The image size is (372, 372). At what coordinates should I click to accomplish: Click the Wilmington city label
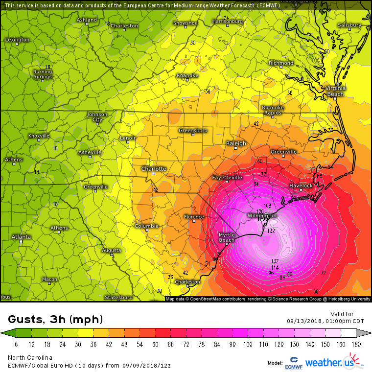pyautogui.click(x=262, y=215)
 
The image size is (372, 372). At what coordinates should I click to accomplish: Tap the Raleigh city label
pyautogui.click(x=236, y=143)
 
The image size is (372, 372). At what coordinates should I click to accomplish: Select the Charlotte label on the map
pyautogui.click(x=154, y=169)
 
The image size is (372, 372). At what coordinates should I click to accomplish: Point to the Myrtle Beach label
pyautogui.click(x=227, y=237)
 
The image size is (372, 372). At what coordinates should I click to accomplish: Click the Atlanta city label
pyautogui.click(x=21, y=237)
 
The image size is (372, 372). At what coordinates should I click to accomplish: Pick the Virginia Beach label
pyautogui.click(x=335, y=91)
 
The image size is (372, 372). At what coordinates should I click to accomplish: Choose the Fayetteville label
pyautogui.click(x=227, y=177)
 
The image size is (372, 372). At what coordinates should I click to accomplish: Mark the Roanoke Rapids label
pyautogui.click(x=273, y=110)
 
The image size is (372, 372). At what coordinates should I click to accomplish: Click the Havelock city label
pyautogui.click(x=301, y=186)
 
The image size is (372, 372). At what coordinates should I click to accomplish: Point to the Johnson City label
pyautogui.click(x=97, y=116)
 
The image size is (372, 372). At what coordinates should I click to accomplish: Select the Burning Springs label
pyautogui.click(x=43, y=74)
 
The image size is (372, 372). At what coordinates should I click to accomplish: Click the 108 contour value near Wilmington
pyautogui.click(x=268, y=206)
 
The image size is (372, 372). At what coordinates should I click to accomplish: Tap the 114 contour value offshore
pyautogui.click(x=275, y=268)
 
